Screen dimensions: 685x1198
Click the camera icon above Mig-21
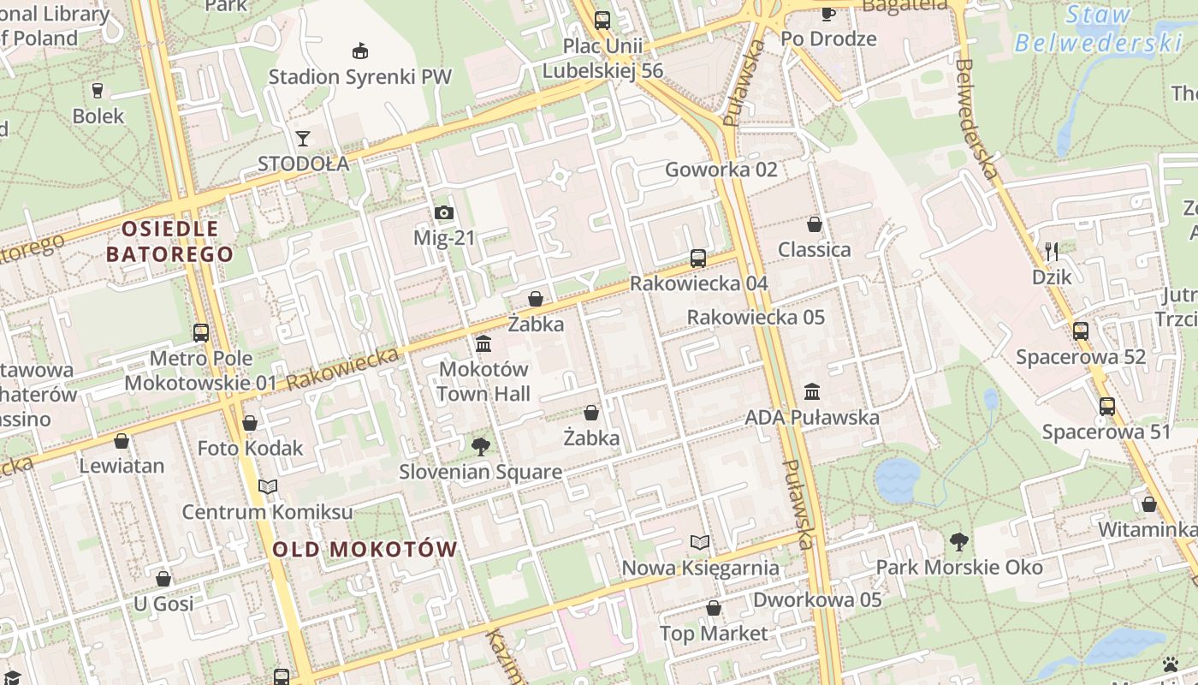(x=443, y=212)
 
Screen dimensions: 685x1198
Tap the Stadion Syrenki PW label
(x=359, y=76)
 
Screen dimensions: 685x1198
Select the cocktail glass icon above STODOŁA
(x=303, y=138)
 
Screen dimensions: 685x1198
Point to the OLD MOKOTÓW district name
(x=365, y=550)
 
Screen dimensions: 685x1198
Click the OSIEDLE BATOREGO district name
(x=169, y=241)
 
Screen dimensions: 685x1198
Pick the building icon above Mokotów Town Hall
(x=483, y=343)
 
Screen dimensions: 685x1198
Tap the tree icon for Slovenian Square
(x=481, y=446)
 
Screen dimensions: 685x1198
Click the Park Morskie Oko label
(x=959, y=567)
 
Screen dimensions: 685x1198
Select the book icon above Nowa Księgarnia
(x=700, y=542)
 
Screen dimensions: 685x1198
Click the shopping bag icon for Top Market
(x=714, y=608)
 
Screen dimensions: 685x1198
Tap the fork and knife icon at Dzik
(x=1052, y=251)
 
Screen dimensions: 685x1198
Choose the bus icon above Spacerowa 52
(x=1081, y=331)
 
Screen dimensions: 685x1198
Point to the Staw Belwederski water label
(x=1099, y=29)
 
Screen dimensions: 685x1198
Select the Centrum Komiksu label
(x=267, y=512)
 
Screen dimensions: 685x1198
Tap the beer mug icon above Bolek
(x=98, y=90)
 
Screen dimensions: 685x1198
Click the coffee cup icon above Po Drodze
(x=827, y=13)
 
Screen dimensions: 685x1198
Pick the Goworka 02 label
(x=721, y=170)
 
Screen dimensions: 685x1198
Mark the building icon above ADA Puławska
(x=812, y=391)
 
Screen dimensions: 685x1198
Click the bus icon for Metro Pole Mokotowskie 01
(x=201, y=332)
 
